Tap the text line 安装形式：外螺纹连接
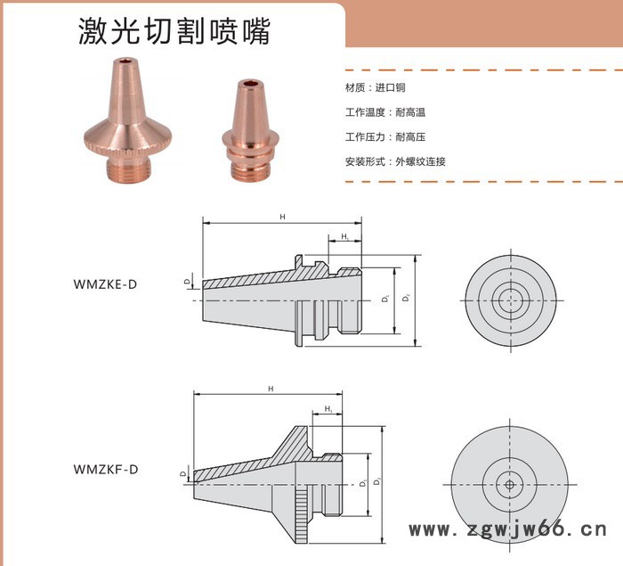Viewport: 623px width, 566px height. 394,161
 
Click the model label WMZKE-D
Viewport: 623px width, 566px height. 106,284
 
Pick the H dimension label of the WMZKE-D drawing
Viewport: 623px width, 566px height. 282,217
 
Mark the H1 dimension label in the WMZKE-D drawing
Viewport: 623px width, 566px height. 344,236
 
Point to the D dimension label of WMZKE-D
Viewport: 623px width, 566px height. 187,282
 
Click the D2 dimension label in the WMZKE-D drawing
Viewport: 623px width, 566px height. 406,300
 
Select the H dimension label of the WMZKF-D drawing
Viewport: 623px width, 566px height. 271,390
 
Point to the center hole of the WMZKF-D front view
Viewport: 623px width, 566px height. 508,485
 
